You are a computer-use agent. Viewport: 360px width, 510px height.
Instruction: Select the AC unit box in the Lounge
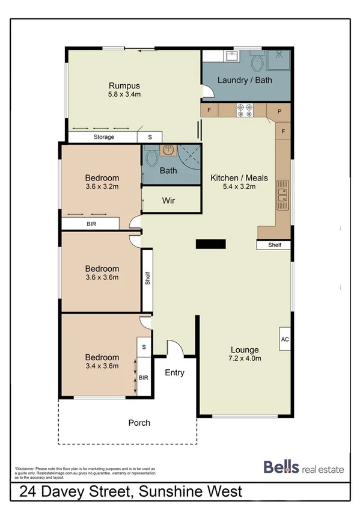284,339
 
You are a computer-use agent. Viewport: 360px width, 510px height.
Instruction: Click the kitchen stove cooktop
245,111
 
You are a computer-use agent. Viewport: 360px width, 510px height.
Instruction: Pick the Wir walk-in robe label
168,201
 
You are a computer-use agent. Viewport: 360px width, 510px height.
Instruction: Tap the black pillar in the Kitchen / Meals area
211,244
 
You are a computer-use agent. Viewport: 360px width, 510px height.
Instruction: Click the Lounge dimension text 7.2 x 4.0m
245,358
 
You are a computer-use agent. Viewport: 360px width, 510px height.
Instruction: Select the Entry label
174,373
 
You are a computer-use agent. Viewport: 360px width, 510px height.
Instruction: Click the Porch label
139,423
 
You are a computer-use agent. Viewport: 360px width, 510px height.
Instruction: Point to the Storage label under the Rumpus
103,137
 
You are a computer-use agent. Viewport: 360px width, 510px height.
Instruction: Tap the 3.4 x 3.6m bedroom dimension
102,364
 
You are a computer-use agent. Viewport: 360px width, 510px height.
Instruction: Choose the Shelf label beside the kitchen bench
275,245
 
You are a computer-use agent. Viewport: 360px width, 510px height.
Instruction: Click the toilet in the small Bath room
152,161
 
